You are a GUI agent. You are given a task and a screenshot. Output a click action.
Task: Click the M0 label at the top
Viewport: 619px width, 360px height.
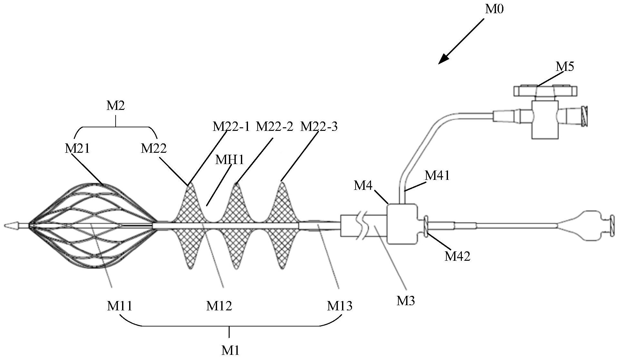[x=494, y=9]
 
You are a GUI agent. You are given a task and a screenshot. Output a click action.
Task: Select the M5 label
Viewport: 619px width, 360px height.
[x=565, y=66]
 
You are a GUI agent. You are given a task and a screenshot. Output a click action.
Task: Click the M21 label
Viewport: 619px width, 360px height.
[x=77, y=149]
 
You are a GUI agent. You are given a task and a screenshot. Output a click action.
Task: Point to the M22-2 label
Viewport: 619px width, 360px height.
[x=274, y=127]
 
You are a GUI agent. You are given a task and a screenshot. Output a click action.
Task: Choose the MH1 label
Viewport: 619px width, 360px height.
[x=230, y=160]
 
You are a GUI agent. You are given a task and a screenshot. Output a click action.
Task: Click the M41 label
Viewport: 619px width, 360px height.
[x=437, y=176]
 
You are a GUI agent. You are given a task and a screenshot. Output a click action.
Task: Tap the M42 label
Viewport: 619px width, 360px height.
[x=457, y=256]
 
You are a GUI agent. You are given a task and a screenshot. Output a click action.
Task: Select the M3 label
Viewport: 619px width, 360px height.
[x=405, y=301]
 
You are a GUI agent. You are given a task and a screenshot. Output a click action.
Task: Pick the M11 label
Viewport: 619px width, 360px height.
[x=119, y=306]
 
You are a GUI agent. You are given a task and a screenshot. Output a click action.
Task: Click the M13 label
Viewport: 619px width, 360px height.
[x=339, y=306]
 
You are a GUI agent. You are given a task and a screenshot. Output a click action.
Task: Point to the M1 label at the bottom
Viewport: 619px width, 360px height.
[x=230, y=350]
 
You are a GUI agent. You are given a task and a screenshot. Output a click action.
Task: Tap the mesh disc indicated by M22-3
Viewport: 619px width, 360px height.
[x=282, y=226]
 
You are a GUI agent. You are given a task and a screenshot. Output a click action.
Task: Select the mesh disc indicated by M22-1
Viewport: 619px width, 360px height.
[x=190, y=226]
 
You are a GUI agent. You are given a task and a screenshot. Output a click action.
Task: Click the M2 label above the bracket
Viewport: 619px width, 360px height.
[x=116, y=106]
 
